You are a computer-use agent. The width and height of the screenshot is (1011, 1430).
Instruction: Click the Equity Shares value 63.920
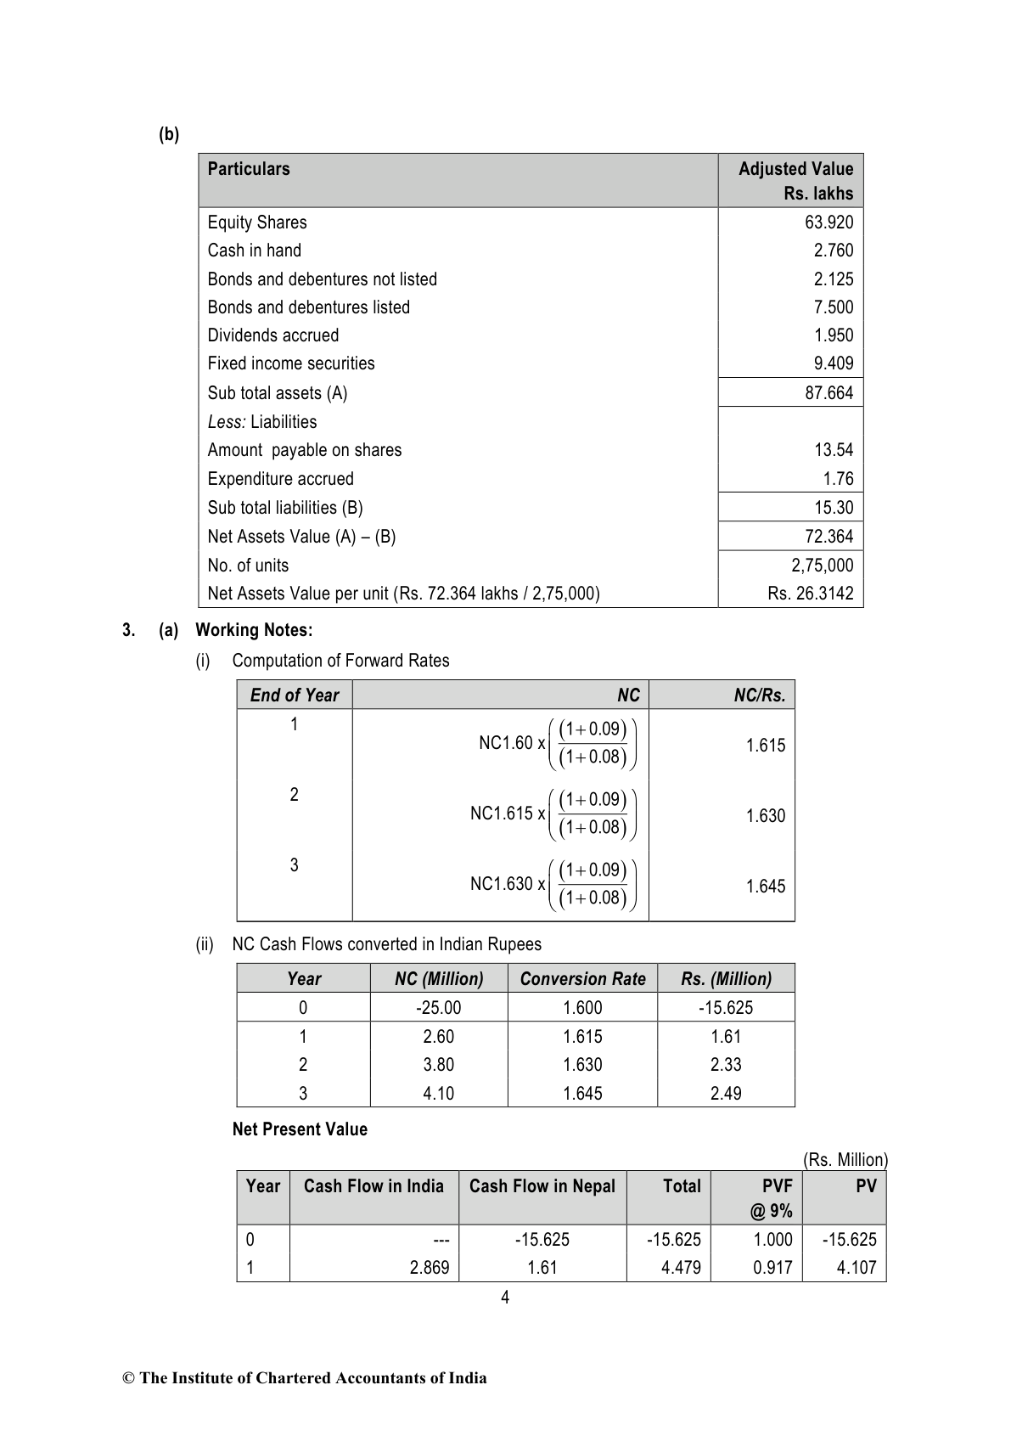[828, 222]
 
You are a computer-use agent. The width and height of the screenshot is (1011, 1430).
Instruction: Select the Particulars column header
[249, 169]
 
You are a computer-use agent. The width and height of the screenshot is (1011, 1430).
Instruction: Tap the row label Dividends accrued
[272, 335]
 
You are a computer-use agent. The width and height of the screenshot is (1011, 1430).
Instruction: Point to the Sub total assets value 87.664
[828, 393]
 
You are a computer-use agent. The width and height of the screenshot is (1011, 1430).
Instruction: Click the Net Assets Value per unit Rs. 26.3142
[810, 594]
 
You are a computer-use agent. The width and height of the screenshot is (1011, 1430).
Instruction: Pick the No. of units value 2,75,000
[822, 566]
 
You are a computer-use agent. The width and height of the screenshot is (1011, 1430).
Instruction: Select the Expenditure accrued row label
[280, 479]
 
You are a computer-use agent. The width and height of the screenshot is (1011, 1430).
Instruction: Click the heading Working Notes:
[254, 630]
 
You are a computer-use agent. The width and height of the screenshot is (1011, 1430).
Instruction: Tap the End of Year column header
[294, 695]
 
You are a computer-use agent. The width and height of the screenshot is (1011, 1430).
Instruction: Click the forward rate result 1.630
[766, 816]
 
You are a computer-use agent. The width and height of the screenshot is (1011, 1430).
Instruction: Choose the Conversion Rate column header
[582, 979]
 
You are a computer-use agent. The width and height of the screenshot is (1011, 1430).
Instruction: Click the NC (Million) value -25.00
[439, 1008]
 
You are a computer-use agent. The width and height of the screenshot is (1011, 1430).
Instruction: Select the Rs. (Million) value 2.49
[726, 1094]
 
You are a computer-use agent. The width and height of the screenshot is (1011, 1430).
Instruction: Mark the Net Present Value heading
[300, 1129]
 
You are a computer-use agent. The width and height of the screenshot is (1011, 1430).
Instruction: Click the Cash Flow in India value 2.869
[429, 1268]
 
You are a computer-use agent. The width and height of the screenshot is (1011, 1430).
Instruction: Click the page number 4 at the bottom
[505, 1298]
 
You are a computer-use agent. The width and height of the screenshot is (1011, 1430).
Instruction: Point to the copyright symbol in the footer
[129, 1378]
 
